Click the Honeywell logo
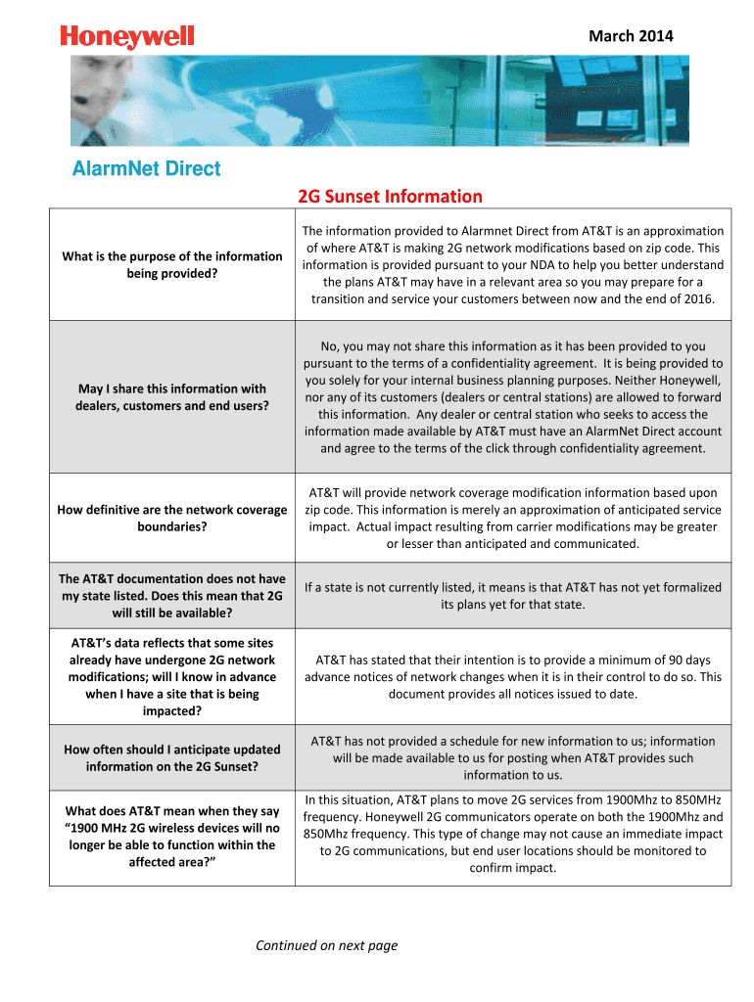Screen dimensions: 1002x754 [x=127, y=38]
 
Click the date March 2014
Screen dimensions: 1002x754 [x=630, y=36]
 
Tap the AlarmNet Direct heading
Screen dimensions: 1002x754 [x=147, y=168]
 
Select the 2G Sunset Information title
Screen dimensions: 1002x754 [x=390, y=197]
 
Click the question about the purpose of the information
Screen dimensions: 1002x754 [x=171, y=264]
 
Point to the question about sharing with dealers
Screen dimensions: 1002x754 [x=171, y=396]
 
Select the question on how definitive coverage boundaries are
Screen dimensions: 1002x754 [x=171, y=518]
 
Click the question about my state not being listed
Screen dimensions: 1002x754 [x=171, y=596]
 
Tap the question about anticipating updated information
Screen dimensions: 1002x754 [x=171, y=757]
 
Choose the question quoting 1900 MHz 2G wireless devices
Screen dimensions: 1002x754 [x=171, y=837]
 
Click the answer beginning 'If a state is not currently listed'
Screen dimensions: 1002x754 [x=512, y=596]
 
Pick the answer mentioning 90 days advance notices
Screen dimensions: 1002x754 [x=512, y=676]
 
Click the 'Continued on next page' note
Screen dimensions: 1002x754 [x=326, y=945]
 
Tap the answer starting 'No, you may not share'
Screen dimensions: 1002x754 [x=512, y=397]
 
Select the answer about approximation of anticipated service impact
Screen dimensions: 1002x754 [x=512, y=518]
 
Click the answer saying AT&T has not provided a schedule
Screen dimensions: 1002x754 [x=512, y=757]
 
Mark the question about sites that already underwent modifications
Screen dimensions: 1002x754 [x=171, y=676]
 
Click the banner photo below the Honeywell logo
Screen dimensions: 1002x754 [x=379, y=100]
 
